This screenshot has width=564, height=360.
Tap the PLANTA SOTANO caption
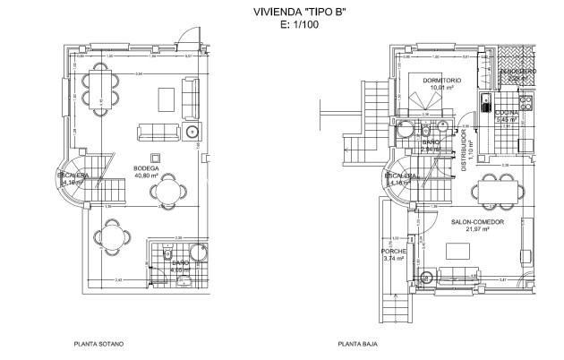(x=98, y=343)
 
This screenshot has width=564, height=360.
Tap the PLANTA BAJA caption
(x=355, y=343)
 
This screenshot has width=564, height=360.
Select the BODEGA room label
(x=146, y=169)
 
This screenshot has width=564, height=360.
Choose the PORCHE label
(x=393, y=251)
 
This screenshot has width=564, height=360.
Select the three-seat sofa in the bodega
(x=157, y=133)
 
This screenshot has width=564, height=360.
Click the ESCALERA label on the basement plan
(x=73, y=176)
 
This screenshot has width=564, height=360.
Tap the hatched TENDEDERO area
(x=517, y=75)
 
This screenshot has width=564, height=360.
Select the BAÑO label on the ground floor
(x=430, y=142)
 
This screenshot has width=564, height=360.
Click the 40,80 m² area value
(x=146, y=176)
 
